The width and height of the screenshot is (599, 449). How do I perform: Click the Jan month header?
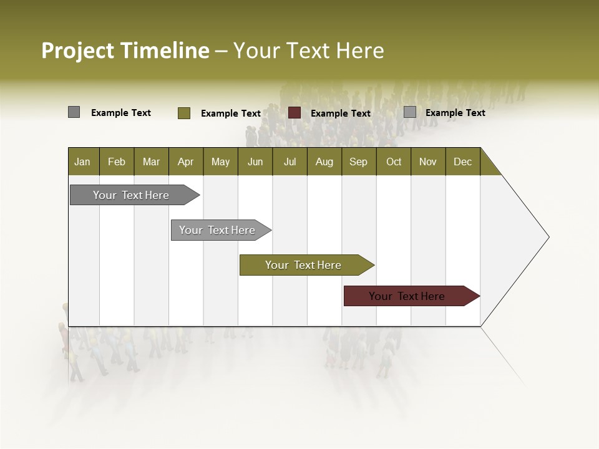pyautogui.click(x=82, y=162)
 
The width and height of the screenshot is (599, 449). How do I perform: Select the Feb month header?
pyautogui.click(x=117, y=162)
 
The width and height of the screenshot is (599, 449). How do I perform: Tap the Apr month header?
pyautogui.click(x=186, y=162)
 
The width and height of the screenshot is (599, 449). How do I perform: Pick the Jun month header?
pyautogui.click(x=255, y=162)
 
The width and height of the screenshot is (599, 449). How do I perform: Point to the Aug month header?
pyautogui.click(x=324, y=162)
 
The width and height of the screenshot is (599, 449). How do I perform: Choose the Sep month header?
pyautogui.click(x=359, y=162)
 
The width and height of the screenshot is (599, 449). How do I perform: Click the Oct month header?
pyautogui.click(x=394, y=162)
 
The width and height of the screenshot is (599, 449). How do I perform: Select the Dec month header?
pyautogui.click(x=463, y=162)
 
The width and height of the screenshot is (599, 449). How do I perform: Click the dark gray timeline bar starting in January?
pyautogui.click(x=131, y=195)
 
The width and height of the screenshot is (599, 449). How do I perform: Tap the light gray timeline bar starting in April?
pyautogui.click(x=217, y=230)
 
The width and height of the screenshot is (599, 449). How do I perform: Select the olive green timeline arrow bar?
pyautogui.click(x=303, y=265)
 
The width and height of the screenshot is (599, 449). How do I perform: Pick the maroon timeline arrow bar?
pyautogui.click(x=407, y=296)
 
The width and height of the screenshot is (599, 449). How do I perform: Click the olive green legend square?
pyautogui.click(x=184, y=113)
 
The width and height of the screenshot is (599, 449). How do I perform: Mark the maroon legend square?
pyautogui.click(x=295, y=113)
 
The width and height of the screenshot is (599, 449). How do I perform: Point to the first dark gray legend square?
pyautogui.click(x=74, y=112)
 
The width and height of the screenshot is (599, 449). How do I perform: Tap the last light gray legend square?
pyautogui.click(x=410, y=112)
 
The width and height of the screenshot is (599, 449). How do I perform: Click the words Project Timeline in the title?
pyautogui.click(x=125, y=51)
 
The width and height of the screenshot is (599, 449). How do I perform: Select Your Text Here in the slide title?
pyautogui.click(x=309, y=51)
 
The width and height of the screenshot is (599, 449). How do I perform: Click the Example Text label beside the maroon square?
pyautogui.click(x=341, y=113)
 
